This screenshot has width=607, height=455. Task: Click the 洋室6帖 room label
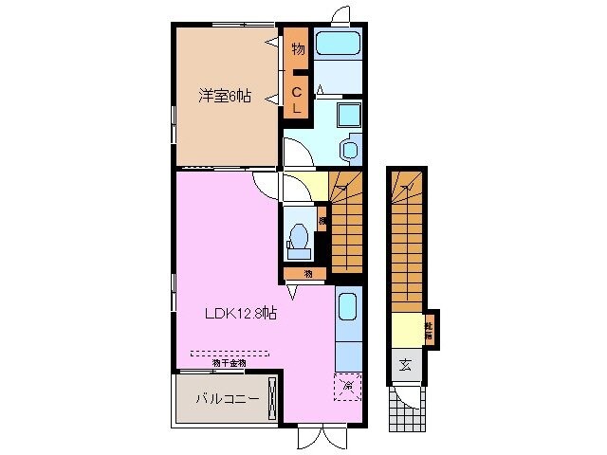click(225, 96)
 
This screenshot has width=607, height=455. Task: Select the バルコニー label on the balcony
click(227, 399)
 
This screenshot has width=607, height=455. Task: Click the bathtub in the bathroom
click(338, 44)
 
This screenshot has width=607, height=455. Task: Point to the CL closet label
click(297, 100)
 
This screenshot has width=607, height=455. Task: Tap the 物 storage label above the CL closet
click(297, 49)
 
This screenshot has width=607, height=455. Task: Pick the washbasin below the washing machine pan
click(347, 150)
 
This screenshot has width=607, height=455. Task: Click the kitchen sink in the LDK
click(348, 306)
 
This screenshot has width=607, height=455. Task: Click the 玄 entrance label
click(405, 365)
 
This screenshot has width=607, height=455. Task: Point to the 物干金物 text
click(229, 363)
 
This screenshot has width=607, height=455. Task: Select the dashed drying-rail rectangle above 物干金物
click(230, 353)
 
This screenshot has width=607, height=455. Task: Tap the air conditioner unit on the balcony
click(273, 397)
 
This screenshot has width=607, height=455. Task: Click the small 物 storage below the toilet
click(308, 274)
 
